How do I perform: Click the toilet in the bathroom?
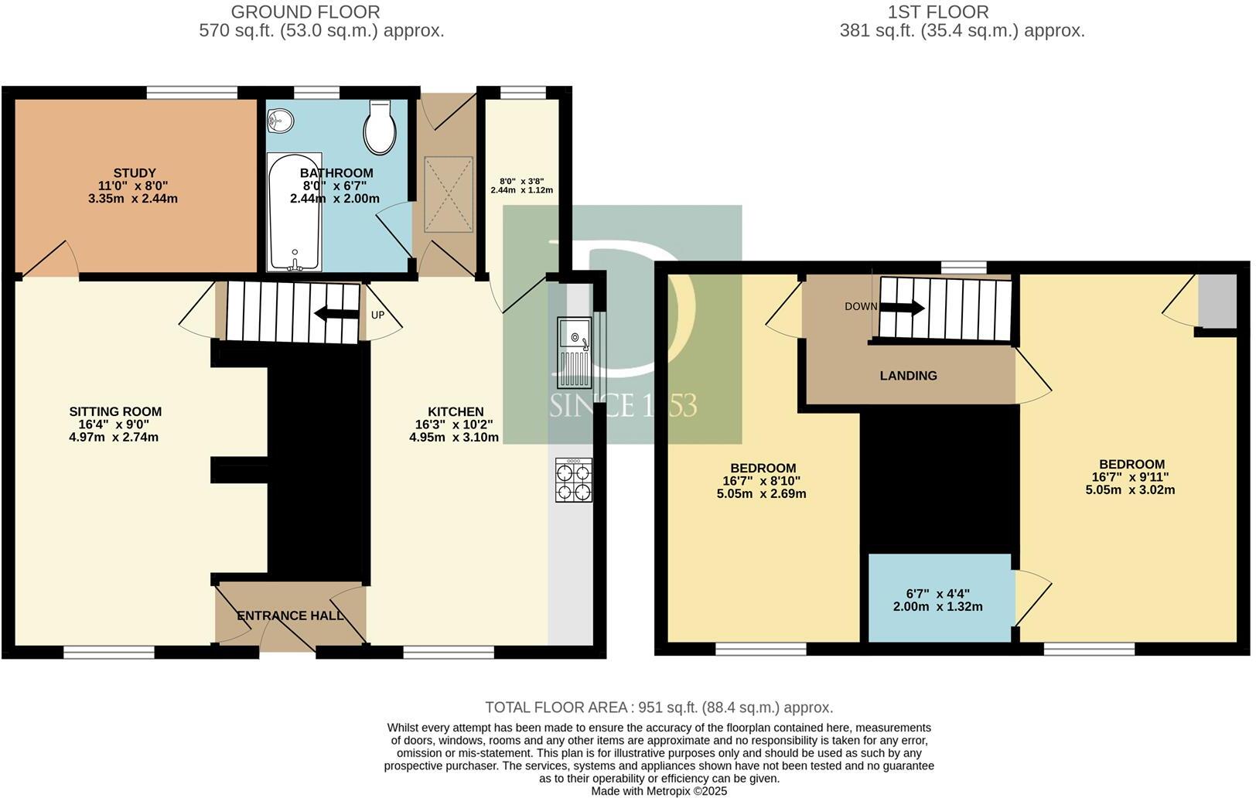[380, 128]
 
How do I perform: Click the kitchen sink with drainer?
[574, 353]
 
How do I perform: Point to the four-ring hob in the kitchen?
[574, 480]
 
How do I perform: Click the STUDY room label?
[135, 173]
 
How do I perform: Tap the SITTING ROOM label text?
[115, 411]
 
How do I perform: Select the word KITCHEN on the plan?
[456, 411]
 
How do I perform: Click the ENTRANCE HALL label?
[290, 616]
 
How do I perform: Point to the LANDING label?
[908, 376]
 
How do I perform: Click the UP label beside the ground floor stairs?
[377, 315]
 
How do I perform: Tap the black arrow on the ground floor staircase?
[331, 313]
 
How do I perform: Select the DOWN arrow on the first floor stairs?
[902, 307]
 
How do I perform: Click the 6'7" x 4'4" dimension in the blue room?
[937, 594]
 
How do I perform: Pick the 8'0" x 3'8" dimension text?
[521, 180]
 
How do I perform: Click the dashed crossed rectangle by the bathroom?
[448, 193]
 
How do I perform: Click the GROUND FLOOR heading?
[305, 12]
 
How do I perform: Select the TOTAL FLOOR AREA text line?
[658, 707]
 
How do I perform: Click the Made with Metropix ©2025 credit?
[658, 791]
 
